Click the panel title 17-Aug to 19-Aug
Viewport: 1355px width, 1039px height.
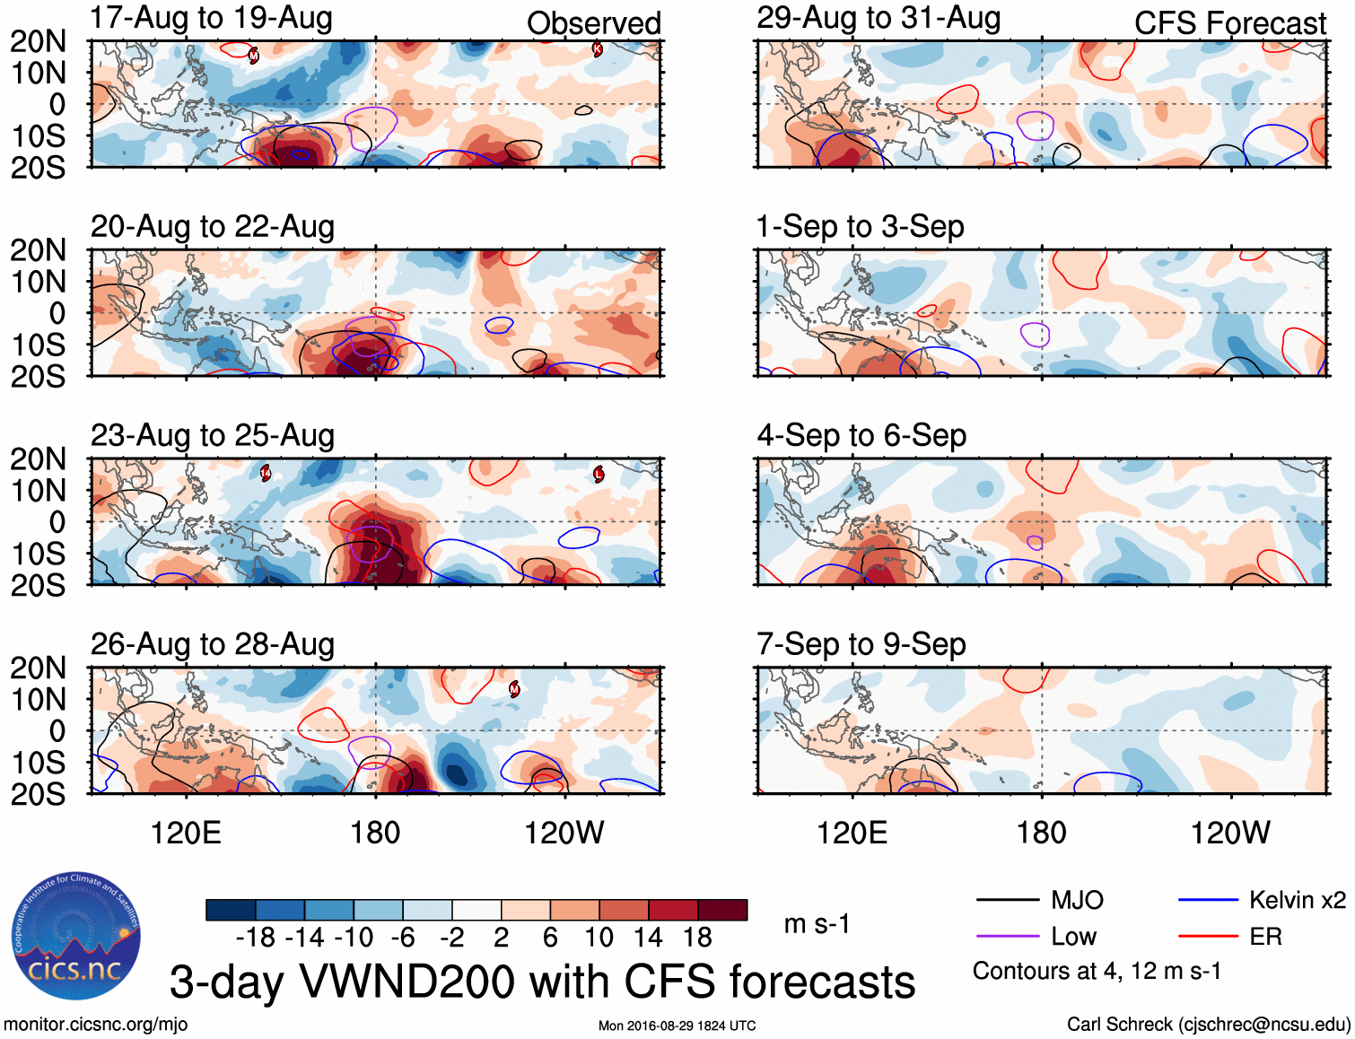pyautogui.click(x=212, y=18)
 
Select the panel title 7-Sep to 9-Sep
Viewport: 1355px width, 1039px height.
pyautogui.click(x=861, y=644)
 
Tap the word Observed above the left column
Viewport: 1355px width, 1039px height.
pyautogui.click(x=593, y=23)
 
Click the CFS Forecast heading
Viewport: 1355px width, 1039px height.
pyautogui.click(x=1229, y=23)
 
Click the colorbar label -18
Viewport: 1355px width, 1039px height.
pyautogui.click(x=256, y=938)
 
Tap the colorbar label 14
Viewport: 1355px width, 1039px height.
pyautogui.click(x=648, y=938)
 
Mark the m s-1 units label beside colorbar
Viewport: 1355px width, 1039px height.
pyautogui.click(x=817, y=924)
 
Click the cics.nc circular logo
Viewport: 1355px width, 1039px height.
pyautogui.click(x=75, y=937)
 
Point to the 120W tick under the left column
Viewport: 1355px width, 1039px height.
pyautogui.click(x=564, y=833)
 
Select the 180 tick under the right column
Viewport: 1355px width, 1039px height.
pyautogui.click(x=1041, y=833)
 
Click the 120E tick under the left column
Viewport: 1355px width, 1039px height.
pyautogui.click(x=186, y=833)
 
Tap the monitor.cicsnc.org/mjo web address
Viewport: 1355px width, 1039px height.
pyautogui.click(x=96, y=1025)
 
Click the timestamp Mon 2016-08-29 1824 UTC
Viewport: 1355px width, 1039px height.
pyautogui.click(x=677, y=1026)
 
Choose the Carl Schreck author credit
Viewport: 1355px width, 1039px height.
pyautogui.click(x=1208, y=1025)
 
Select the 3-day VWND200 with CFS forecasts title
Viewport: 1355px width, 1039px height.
pyautogui.click(x=542, y=982)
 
